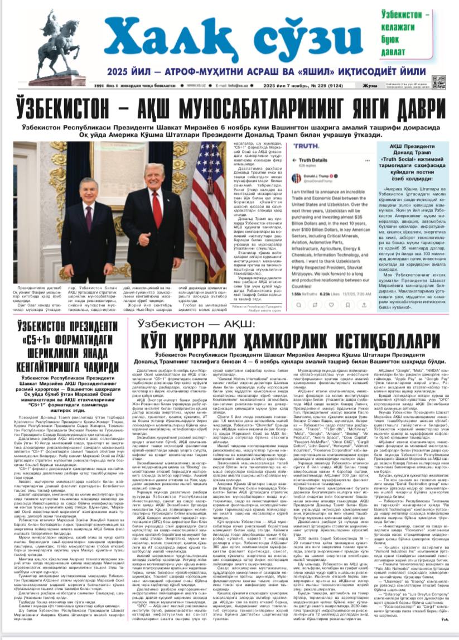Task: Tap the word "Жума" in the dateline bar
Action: point(370,85)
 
